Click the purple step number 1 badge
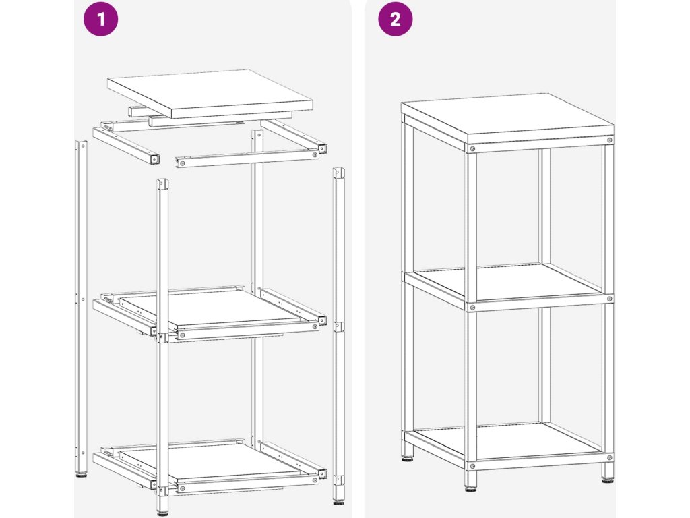click(x=101, y=19)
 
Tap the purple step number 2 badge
click(x=395, y=19)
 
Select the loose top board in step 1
click(x=210, y=93)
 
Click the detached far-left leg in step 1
click(x=82, y=308)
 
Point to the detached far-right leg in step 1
click(x=338, y=335)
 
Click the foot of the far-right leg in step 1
click(x=338, y=500)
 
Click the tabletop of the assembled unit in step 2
click(x=507, y=118)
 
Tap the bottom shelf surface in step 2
click(x=507, y=440)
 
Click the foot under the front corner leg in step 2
click(x=470, y=487)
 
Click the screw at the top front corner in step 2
click(x=472, y=149)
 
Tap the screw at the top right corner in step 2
click(x=609, y=140)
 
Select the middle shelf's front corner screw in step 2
click(x=472, y=308)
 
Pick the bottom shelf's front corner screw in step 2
click(x=472, y=465)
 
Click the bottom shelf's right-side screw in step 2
click(x=609, y=458)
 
